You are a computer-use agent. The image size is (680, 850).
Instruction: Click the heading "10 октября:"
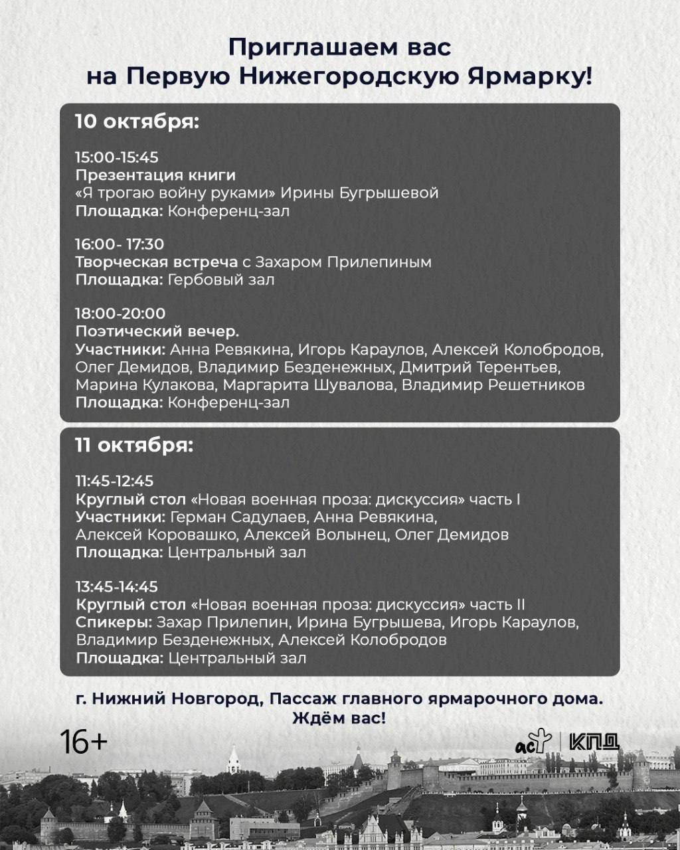[x=137, y=122]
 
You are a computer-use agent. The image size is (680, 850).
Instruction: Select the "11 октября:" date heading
[x=134, y=445]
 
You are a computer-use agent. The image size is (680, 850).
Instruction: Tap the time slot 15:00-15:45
[x=117, y=157]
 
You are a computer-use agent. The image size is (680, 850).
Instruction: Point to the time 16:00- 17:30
[x=120, y=244]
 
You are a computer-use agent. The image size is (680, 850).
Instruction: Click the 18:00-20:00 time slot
[x=120, y=313]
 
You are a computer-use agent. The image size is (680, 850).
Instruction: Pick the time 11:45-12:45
[x=115, y=481]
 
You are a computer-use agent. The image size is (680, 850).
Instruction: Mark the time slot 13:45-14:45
[x=117, y=587]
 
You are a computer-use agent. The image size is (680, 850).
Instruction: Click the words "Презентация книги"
[x=155, y=175]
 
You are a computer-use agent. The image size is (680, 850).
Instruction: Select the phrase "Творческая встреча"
[x=157, y=262]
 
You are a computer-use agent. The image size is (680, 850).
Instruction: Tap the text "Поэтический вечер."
[x=157, y=331]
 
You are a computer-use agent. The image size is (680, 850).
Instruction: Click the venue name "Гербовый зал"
[x=221, y=280]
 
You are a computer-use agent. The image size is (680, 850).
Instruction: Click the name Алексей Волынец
[x=319, y=535]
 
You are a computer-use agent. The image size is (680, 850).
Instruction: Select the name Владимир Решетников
[x=493, y=385]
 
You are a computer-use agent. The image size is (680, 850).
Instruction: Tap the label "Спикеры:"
[x=114, y=623]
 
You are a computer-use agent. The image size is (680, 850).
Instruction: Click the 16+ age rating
[x=84, y=742]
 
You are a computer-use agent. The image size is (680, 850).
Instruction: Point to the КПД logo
[x=594, y=742]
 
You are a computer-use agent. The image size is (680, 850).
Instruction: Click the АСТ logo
[x=533, y=742]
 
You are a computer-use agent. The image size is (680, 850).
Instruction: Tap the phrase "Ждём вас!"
[x=339, y=719]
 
